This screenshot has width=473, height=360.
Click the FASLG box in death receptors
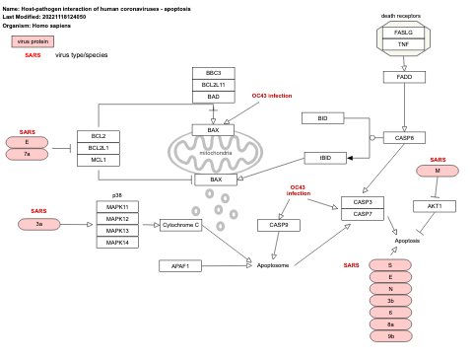tap(402, 33)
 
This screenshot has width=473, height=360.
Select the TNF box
tap(402, 44)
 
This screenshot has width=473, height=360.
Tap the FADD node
tap(403, 77)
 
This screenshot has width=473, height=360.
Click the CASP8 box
tap(403, 138)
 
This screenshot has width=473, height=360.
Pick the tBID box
tap(324, 158)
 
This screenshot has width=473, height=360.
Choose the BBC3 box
tap(213, 74)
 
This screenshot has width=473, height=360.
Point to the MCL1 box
tap(98, 159)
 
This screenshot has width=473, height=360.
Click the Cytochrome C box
tap(180, 225)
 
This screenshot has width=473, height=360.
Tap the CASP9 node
tap(279, 225)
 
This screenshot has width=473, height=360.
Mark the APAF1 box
tap(180, 265)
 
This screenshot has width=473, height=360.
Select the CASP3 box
tap(363, 202)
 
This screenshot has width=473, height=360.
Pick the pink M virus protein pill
tap(438, 171)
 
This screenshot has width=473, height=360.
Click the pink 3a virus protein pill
tap(38, 224)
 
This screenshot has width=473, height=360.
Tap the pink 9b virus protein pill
tap(390, 336)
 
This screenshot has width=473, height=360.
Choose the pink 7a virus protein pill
tap(27, 154)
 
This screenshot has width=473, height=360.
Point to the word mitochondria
tap(215, 153)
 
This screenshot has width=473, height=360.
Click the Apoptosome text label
tap(273, 265)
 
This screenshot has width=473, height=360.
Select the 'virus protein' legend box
tap(33, 41)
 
